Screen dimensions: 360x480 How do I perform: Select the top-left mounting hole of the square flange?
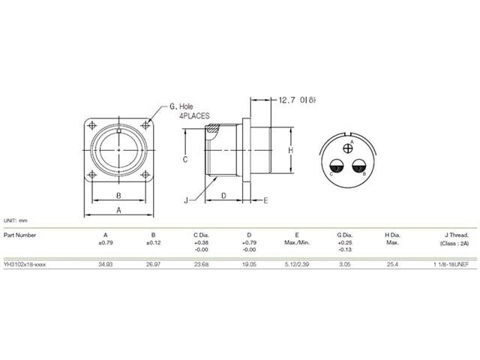[x=93, y=125]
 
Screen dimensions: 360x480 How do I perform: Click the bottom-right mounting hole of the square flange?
[x=144, y=175]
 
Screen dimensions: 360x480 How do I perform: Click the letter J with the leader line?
[x=184, y=200]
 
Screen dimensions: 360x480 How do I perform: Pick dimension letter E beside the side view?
[x=266, y=200]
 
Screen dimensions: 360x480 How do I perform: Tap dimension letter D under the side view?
[x=224, y=196]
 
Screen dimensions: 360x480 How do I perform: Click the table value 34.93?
[x=106, y=265]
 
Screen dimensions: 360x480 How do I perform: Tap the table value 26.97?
[x=153, y=265]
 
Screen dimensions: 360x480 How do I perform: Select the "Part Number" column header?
[x=19, y=235]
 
